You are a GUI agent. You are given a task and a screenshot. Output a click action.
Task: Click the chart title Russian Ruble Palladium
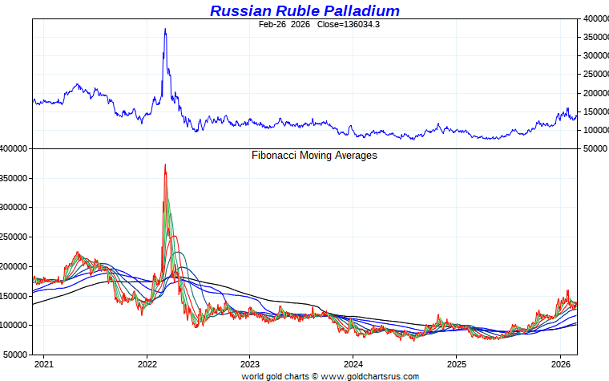point(304,10)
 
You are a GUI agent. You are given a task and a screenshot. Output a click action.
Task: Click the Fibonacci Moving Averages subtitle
point(314,156)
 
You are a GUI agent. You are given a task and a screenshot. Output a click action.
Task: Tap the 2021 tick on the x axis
point(44,363)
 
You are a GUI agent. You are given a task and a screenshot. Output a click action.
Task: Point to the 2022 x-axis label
point(147,363)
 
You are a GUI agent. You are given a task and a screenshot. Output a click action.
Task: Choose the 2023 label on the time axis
point(250,363)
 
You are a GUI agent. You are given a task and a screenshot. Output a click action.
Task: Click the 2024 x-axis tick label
point(353,363)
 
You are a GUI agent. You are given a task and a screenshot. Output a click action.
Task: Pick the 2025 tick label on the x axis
point(456,363)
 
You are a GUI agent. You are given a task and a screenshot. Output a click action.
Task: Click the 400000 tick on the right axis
point(594,18)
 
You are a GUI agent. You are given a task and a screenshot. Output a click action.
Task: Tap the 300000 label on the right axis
point(594,56)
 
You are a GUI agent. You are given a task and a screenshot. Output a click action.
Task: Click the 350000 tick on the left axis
point(15,178)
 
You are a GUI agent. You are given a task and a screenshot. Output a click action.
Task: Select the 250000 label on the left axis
point(15,237)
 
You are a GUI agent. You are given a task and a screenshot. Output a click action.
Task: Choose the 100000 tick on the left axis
point(15,325)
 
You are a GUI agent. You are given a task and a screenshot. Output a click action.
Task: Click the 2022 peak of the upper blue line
point(165,29)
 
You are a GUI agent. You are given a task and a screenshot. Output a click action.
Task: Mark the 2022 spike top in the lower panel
point(165,164)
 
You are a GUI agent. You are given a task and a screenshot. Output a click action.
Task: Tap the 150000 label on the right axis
point(594,111)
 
